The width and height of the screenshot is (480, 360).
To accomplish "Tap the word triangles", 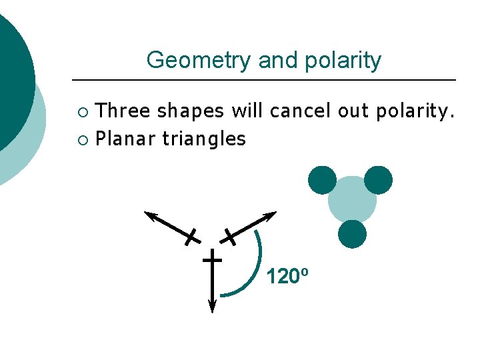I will (204, 139).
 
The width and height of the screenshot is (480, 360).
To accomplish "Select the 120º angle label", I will (287, 275).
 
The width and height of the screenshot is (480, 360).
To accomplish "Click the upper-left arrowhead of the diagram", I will (151, 215).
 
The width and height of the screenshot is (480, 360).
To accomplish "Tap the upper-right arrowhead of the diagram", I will (270, 215).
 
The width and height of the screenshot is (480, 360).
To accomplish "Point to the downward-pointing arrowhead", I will (212, 306).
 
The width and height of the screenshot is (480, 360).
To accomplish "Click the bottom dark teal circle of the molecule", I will (352, 234).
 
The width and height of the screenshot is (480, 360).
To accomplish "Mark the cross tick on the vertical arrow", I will (212, 258).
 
